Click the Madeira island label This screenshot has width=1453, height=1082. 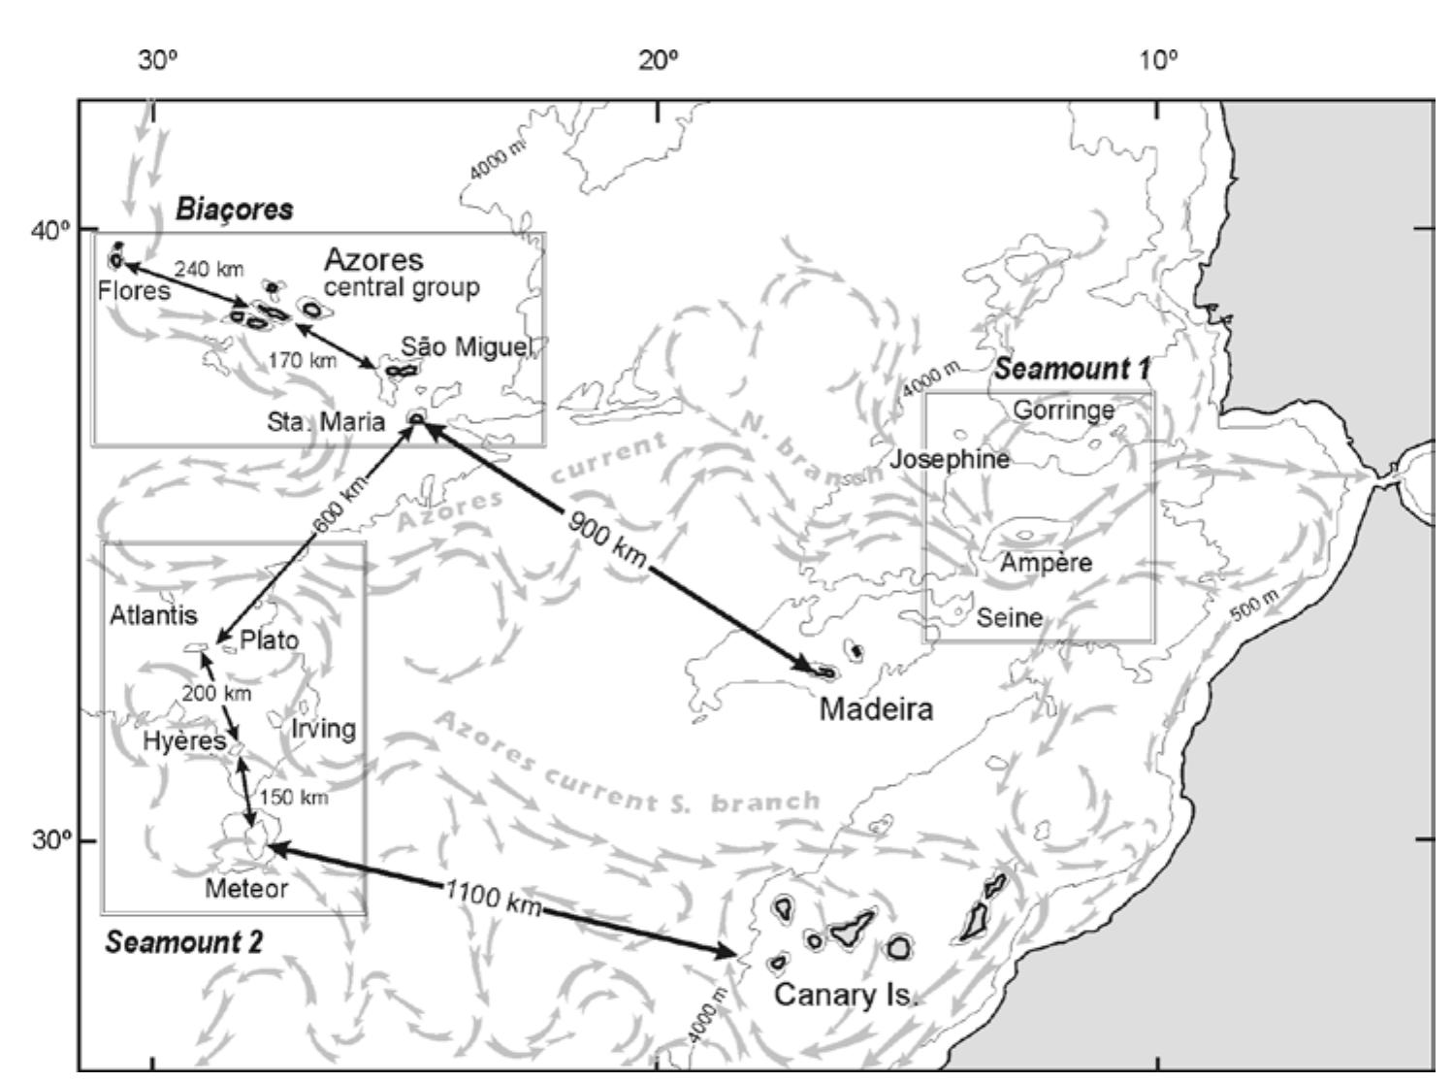[876, 709]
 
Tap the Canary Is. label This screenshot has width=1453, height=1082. [845, 996]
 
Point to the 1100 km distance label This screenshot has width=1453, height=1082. [492, 898]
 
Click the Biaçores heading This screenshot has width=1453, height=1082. [234, 209]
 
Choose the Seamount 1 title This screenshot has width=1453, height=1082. [1072, 369]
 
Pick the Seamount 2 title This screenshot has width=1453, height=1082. [184, 942]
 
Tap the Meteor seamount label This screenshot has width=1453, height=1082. [246, 888]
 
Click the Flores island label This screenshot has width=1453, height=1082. [134, 290]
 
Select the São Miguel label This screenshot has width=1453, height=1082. [467, 347]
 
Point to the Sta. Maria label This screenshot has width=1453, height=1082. [326, 422]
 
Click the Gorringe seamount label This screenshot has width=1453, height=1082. [1063, 410]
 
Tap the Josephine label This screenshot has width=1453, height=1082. [950, 459]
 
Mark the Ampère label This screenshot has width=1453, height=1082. [1046, 563]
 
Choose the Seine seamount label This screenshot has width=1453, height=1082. [1009, 617]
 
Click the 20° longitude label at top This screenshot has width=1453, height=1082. [659, 61]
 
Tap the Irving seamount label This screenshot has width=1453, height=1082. [323, 729]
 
